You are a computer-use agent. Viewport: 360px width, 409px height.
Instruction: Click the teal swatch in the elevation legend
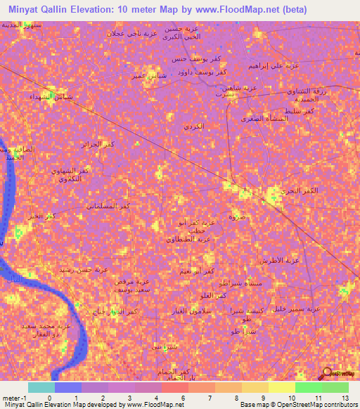click(41, 387)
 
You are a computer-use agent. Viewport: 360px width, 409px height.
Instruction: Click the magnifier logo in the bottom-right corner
click(328, 373)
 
